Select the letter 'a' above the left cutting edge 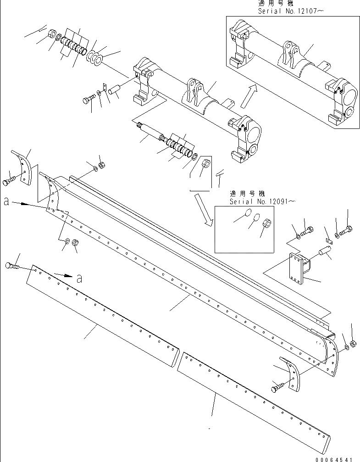pyautogui.click(x=79, y=278)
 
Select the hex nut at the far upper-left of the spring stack pyautogui.click(x=52, y=34)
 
